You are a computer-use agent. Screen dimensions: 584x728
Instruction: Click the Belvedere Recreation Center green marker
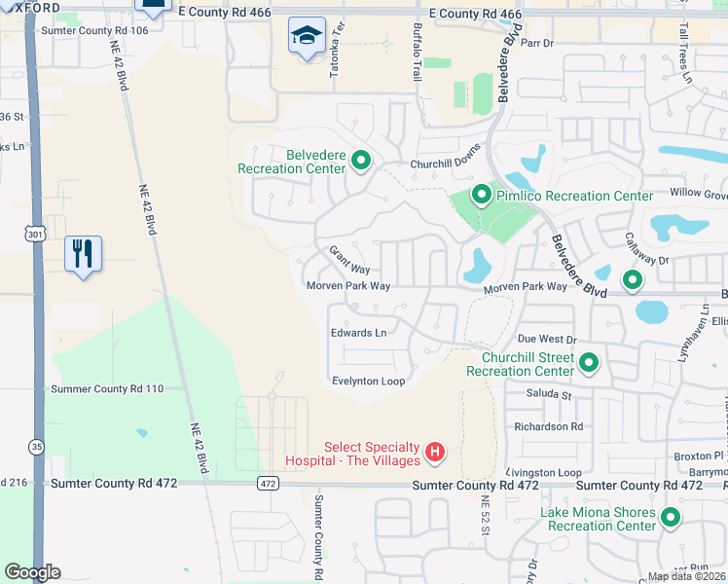(x=361, y=161)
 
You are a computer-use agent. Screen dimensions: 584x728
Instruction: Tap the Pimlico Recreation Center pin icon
(x=481, y=196)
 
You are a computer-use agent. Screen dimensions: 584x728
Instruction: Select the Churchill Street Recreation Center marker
(x=589, y=364)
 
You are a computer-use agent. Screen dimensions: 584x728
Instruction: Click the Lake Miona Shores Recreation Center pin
(x=670, y=518)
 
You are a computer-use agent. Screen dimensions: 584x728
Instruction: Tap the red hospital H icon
(x=436, y=453)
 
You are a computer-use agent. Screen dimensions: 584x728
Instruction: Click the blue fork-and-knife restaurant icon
(x=82, y=255)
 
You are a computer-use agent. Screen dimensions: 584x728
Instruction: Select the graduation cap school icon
(x=307, y=37)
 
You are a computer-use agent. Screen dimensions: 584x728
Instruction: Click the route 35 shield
(x=36, y=447)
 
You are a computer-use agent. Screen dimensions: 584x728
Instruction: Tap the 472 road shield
(x=269, y=484)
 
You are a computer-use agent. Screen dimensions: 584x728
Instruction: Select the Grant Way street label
(x=349, y=261)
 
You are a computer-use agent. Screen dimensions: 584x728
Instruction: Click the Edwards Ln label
(x=358, y=333)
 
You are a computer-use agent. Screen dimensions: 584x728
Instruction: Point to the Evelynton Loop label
(x=368, y=382)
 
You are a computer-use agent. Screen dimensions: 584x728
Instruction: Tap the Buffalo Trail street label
(x=418, y=52)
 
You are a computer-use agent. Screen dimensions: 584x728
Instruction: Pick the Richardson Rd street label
(x=549, y=426)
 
